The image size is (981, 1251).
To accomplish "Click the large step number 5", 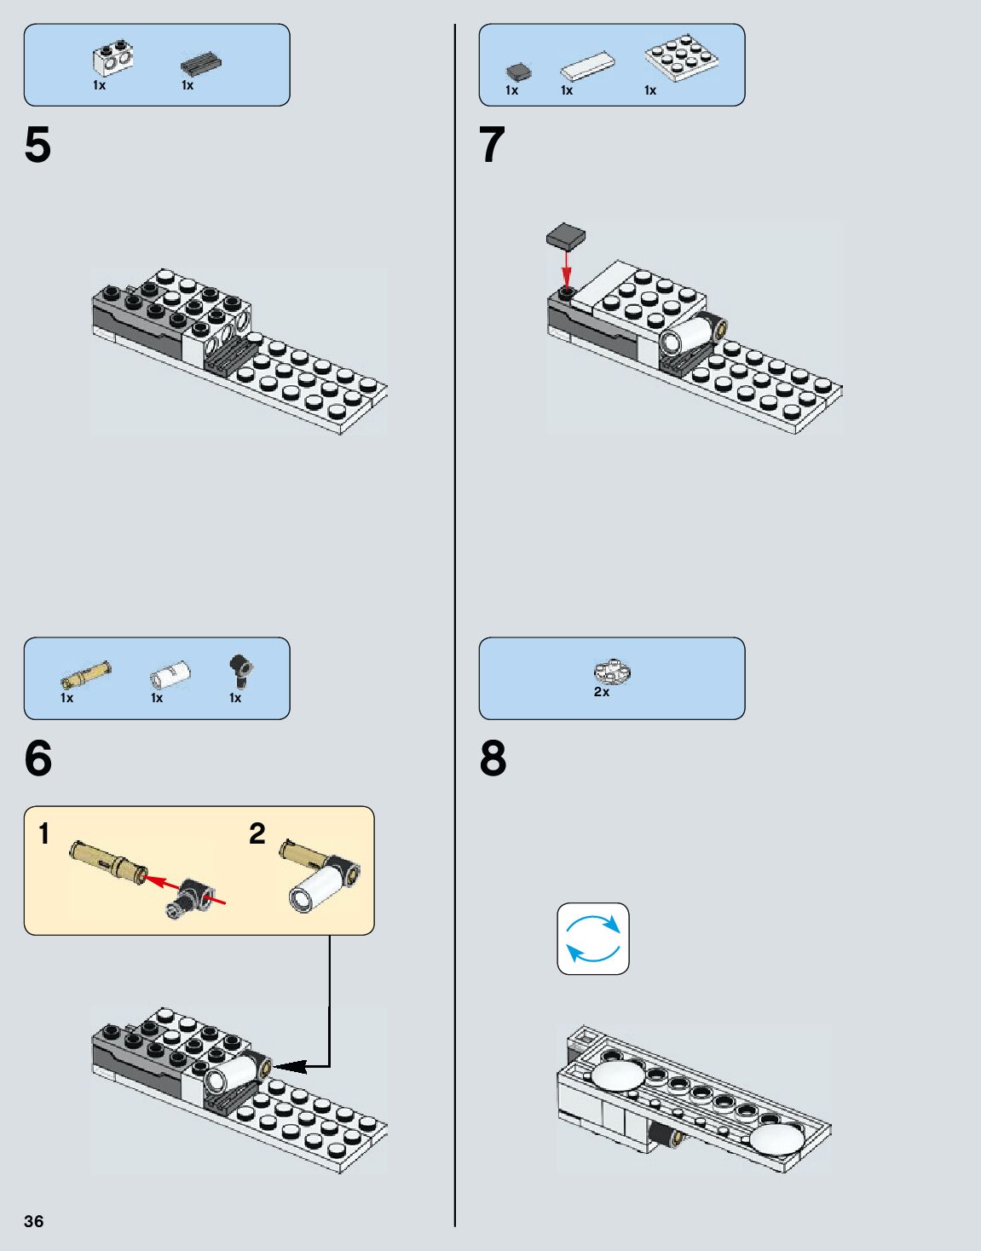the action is tap(38, 145).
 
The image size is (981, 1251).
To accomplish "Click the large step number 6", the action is tap(38, 758).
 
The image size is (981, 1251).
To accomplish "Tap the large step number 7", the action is tap(492, 145).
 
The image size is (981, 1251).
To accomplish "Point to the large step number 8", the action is tap(493, 758).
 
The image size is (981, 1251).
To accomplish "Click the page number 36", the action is tap(33, 1221).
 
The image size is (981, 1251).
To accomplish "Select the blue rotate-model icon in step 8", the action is tap(593, 938).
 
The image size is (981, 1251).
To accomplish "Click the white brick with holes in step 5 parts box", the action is tap(113, 58).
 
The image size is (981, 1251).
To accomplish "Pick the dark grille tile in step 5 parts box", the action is tap(201, 64).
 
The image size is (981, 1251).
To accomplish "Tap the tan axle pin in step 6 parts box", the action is tap(85, 674).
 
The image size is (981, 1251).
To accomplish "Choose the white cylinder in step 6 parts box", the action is tap(170, 675).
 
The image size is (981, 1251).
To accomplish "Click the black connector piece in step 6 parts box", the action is tap(241, 671).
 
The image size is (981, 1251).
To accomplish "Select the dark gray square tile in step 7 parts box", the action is tap(517, 72).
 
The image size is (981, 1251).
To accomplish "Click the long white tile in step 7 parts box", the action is tap(587, 66).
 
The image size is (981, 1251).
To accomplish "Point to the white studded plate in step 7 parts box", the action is tap(682, 57).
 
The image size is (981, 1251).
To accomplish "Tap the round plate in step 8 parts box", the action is tap(612, 672).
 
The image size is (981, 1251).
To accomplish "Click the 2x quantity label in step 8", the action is tap(602, 692).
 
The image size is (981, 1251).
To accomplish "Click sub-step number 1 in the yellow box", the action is tap(44, 833).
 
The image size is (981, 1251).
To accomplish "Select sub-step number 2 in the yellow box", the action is tap(257, 833).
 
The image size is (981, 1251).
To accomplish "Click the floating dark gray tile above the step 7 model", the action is tap(565, 235).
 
